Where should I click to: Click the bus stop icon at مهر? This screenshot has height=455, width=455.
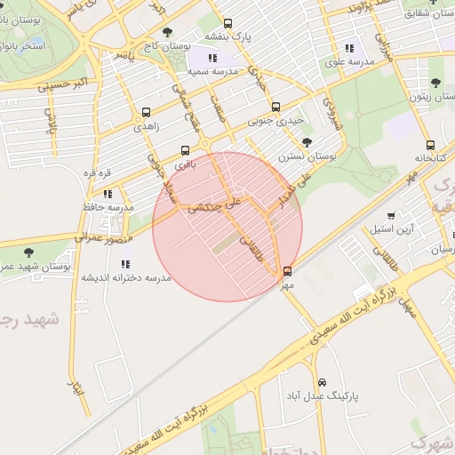[286, 271]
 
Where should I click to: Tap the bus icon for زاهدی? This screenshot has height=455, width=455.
[146, 113]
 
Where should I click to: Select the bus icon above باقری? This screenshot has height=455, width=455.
[185, 150]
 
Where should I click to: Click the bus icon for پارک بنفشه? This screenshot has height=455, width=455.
[228, 24]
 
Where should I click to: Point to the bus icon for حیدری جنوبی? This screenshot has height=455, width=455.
[275, 106]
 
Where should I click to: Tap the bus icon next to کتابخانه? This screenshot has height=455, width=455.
[431, 145]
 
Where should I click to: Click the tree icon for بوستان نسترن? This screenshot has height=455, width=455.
[307, 142]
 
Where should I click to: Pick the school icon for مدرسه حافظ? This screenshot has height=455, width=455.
[108, 194]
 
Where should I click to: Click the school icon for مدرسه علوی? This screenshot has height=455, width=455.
[349, 48]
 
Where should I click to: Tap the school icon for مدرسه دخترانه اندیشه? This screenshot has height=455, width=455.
[124, 264]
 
